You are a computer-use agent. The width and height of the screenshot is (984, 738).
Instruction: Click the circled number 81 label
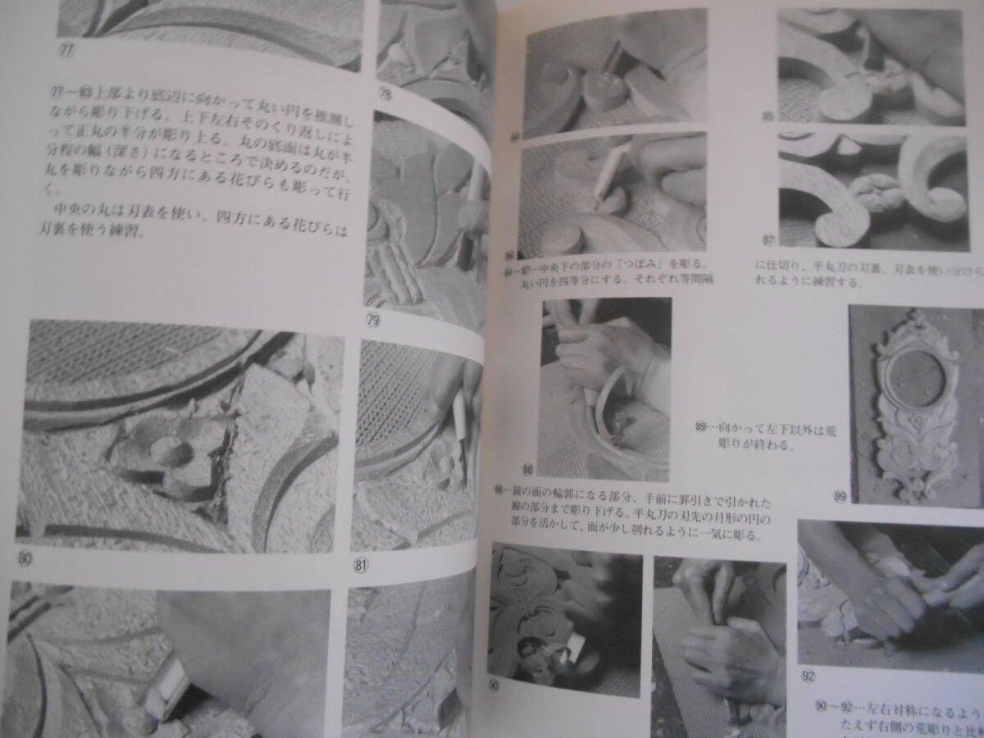pos(360,564)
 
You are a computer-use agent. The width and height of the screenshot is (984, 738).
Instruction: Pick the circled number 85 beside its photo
pos(768,116)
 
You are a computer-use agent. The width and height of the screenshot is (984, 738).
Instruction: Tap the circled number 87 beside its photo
pos(768,239)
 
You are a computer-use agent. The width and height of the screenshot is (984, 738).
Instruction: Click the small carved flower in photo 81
pos(447,467)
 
